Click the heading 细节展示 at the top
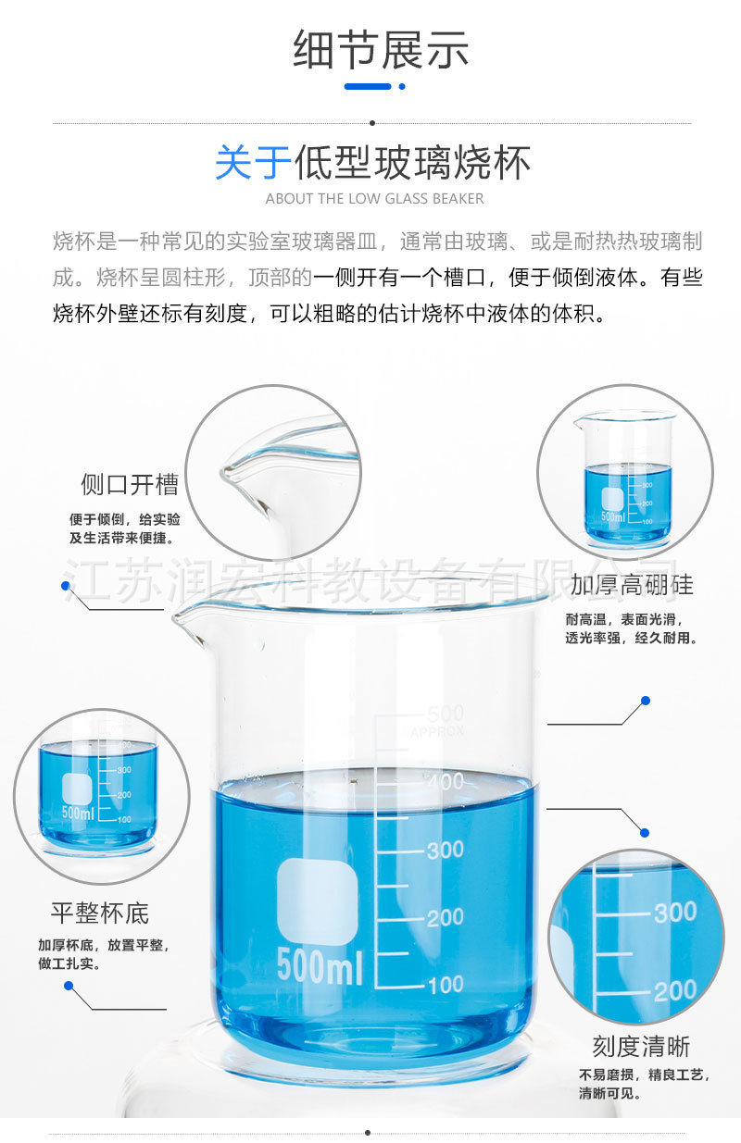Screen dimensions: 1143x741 point(381,50)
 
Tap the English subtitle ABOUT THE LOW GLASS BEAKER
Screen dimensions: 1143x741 point(374,198)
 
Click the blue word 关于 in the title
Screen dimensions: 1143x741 point(253,163)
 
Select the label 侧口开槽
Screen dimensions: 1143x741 point(129,484)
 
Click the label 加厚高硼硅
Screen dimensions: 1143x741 point(632,584)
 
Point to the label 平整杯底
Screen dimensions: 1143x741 point(99,913)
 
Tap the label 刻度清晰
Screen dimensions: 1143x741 point(641,1046)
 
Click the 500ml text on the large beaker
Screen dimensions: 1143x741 point(320,966)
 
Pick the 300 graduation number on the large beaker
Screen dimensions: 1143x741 point(445,850)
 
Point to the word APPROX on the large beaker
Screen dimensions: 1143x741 point(437,732)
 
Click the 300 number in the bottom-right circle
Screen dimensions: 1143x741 point(674,913)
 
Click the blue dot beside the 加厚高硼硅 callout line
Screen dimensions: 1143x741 point(646,701)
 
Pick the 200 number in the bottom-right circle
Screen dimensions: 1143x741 point(674,991)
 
